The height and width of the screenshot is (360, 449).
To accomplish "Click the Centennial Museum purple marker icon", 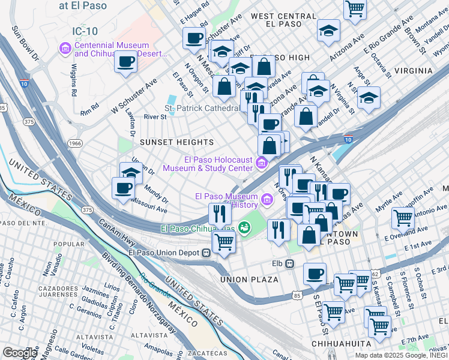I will click(x=65, y=47).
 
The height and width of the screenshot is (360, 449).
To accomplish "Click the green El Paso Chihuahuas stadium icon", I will click(x=244, y=227).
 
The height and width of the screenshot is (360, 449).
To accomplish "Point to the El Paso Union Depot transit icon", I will click(x=206, y=252).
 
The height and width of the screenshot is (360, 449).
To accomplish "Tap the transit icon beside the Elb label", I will click(x=289, y=263).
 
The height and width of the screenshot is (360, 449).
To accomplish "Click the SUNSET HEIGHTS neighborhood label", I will click(x=176, y=142).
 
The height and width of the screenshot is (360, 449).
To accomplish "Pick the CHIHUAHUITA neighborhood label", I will click(x=343, y=343).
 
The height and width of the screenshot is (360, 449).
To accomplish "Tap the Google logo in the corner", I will click(x=20, y=352).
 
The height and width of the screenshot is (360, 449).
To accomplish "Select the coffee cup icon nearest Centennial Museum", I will click(x=125, y=61).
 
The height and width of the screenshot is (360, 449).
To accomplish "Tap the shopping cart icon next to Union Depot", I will click(x=224, y=242).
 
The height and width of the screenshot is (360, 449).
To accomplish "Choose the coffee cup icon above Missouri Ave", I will click(x=124, y=187).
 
